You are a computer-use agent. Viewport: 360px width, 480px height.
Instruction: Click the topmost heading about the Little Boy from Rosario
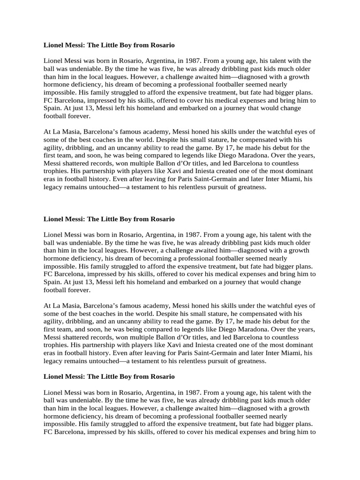point(109,45)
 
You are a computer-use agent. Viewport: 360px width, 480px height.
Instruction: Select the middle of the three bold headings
point(109,218)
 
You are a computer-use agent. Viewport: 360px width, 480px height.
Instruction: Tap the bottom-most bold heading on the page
point(109,376)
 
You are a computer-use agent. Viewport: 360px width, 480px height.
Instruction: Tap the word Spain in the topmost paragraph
point(52,108)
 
